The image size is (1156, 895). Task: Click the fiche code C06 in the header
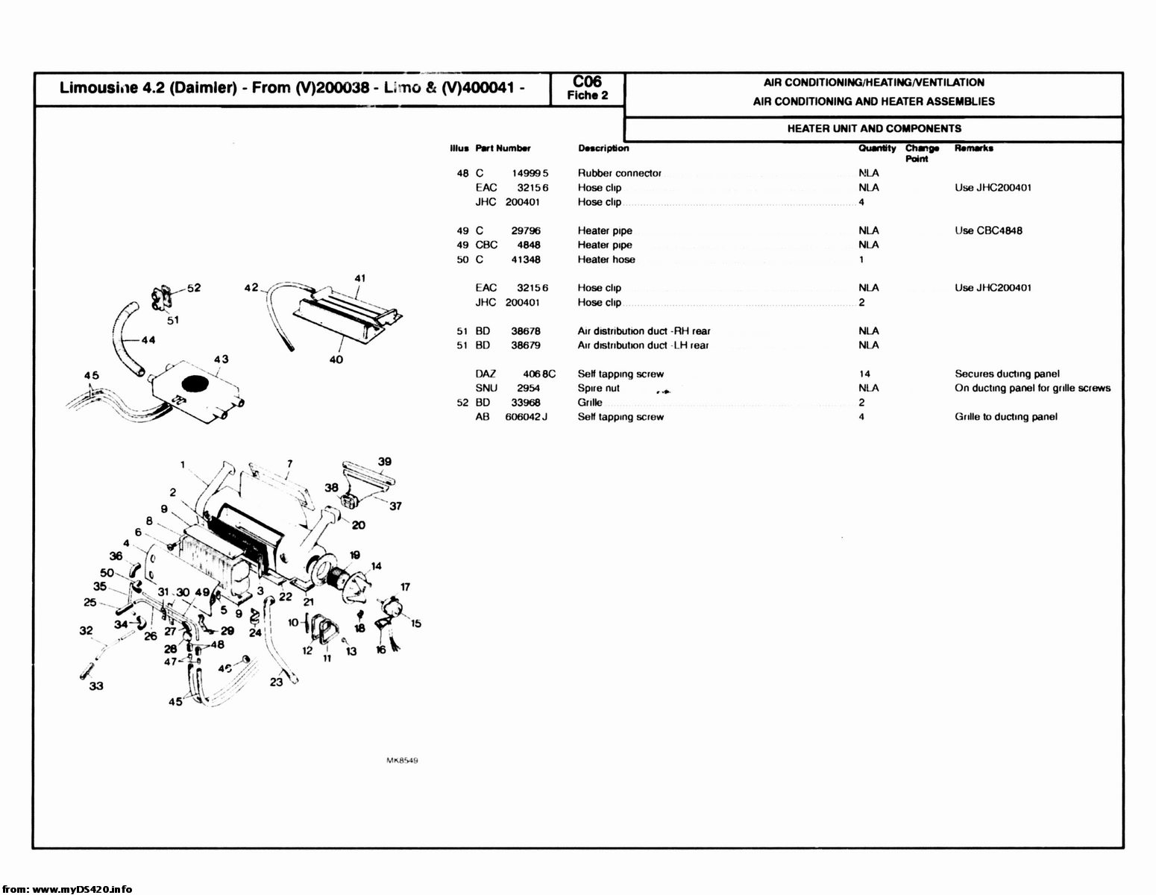tap(587, 81)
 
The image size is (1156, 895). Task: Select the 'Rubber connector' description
tap(619, 173)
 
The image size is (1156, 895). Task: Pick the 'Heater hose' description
tap(606, 260)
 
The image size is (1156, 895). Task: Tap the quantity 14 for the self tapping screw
tap(864, 374)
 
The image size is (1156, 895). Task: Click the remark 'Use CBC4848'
tap(988, 230)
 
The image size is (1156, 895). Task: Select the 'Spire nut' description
tap(598, 388)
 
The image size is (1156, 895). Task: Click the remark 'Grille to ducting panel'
tap(1005, 417)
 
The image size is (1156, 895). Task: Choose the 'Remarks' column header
tap(973, 148)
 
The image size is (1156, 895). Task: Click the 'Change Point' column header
tap(922, 153)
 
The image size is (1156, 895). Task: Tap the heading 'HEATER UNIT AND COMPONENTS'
tap(874, 128)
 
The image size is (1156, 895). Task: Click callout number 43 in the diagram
tap(222, 359)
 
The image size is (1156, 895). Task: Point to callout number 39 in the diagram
tap(384, 462)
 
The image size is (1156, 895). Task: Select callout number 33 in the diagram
tap(96, 686)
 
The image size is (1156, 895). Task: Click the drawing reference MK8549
tap(401, 761)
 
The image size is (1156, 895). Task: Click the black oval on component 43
tap(195, 384)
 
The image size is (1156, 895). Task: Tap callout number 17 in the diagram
tap(405, 587)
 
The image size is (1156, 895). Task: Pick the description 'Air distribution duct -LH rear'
tap(643, 345)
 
